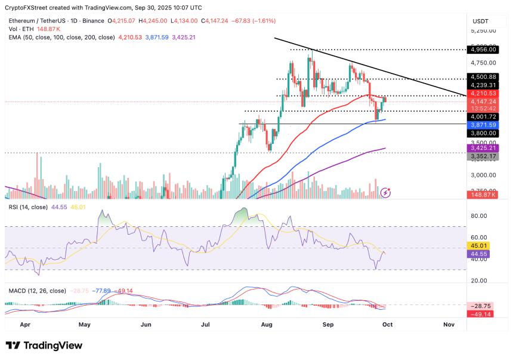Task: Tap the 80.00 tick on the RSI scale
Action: [480, 216]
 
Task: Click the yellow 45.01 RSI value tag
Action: [480, 244]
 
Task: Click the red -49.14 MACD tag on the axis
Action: [480, 314]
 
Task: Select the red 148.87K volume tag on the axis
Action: [482, 195]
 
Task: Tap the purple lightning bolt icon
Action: [386, 192]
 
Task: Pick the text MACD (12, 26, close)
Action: [37, 291]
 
